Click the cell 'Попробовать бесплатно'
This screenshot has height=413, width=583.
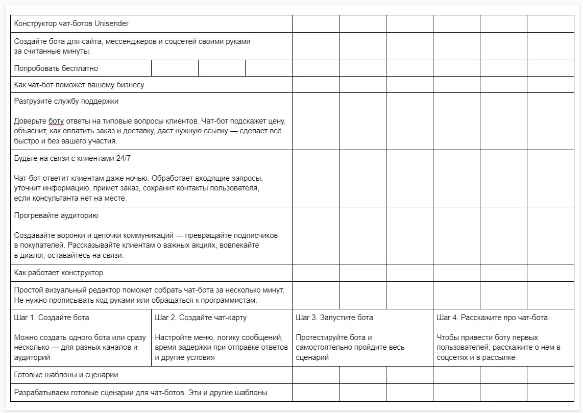(56, 68)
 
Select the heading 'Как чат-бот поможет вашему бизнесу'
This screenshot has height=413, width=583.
(79, 85)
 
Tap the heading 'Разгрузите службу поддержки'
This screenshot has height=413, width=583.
(66, 101)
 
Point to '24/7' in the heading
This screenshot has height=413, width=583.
(124, 158)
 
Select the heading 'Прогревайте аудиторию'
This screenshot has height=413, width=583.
(56, 215)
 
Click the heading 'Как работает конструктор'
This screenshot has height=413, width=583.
(59, 273)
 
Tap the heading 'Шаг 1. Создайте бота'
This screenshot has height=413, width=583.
(52, 318)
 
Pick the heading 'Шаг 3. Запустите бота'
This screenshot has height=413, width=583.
(334, 318)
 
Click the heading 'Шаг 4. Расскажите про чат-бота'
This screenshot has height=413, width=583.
(492, 318)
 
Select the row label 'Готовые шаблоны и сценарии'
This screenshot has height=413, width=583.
(66, 375)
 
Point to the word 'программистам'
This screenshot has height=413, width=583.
(233, 300)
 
